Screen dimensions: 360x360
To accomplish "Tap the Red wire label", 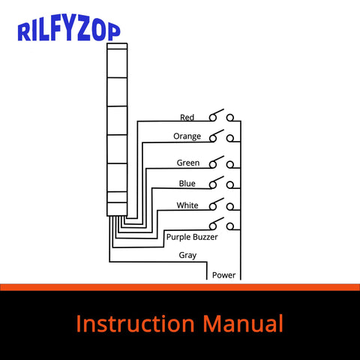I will (x=187, y=118).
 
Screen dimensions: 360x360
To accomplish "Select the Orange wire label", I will (x=187, y=136).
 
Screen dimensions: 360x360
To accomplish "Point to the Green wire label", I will (x=187, y=163).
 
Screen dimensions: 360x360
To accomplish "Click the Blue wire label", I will (x=187, y=184).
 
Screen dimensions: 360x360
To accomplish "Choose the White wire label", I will (x=187, y=205).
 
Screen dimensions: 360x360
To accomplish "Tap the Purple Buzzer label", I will (x=192, y=237).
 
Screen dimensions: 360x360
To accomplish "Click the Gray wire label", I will (x=187, y=255).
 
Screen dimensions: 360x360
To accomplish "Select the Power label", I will (x=223, y=275).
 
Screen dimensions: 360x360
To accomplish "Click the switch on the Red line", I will (x=222, y=116).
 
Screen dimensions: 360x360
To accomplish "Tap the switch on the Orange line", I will (x=222, y=136).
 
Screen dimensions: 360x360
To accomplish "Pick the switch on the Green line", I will (x=222, y=162).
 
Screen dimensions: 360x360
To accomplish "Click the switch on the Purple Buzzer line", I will (x=222, y=224).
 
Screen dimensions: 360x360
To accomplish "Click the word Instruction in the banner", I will (x=133, y=324).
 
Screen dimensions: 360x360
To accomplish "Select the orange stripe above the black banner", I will (x=180, y=287).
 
